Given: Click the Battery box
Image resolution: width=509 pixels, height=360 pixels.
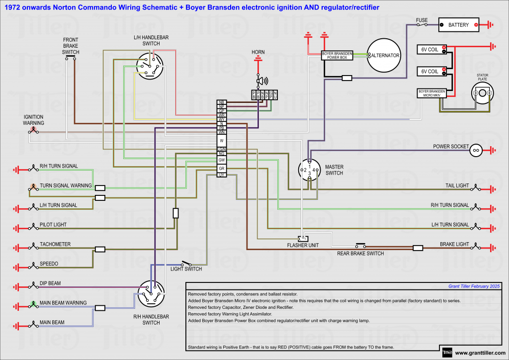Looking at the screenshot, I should click(x=458, y=24).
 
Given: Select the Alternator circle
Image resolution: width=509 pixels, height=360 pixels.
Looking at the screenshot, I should click(x=384, y=55).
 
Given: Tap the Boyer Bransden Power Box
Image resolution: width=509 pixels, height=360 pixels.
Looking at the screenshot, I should click(x=337, y=55).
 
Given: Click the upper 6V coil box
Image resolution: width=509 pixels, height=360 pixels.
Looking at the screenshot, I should click(x=431, y=49).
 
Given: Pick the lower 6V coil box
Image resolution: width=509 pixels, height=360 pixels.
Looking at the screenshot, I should click(x=431, y=71).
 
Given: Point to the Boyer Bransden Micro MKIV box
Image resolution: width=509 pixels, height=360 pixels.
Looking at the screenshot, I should click(x=431, y=93).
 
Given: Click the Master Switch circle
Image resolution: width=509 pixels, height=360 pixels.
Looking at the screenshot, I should click(x=309, y=170).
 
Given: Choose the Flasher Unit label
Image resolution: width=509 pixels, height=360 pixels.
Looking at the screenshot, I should click(x=303, y=245).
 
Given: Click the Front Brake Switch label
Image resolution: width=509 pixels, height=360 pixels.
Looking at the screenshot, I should click(x=71, y=46).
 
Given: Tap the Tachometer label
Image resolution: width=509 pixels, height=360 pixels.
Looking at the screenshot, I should click(x=55, y=244).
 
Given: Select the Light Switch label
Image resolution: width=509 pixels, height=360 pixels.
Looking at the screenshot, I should click(x=186, y=269).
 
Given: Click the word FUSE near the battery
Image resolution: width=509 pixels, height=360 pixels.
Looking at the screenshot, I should click(x=422, y=20).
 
